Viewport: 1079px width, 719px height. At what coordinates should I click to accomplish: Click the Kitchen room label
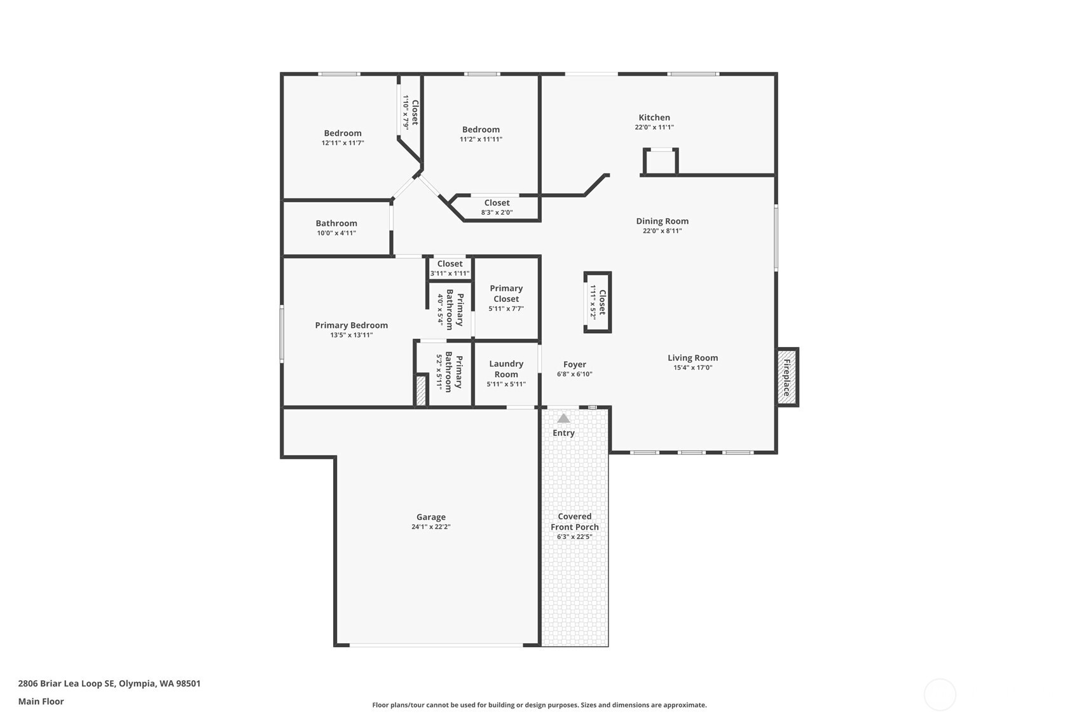click(x=654, y=118)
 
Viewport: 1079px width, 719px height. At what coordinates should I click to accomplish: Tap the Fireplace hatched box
click(x=787, y=377)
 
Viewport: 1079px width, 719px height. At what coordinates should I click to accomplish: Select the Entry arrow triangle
click(x=563, y=418)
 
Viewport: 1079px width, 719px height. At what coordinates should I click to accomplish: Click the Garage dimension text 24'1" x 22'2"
click(x=430, y=527)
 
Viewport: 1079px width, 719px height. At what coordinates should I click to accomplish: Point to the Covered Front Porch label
click(x=574, y=521)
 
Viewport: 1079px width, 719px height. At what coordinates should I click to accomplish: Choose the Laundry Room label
click(x=506, y=369)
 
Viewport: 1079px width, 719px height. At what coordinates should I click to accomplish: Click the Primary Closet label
click(x=506, y=293)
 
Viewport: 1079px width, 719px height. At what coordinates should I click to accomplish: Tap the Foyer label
click(x=574, y=364)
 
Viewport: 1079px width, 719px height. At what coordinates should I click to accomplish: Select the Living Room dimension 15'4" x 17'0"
click(x=692, y=367)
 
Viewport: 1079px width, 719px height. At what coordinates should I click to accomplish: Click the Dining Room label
click(x=662, y=221)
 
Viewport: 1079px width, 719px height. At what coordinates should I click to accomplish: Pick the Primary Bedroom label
click(x=351, y=325)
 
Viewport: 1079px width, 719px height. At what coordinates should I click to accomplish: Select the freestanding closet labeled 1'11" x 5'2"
click(x=598, y=303)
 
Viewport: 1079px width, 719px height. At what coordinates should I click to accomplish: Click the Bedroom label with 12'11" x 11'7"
click(x=343, y=134)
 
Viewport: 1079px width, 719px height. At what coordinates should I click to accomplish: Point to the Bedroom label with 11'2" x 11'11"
click(x=481, y=130)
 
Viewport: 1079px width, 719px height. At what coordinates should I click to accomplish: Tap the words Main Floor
click(x=41, y=702)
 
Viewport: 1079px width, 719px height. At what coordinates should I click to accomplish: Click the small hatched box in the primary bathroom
click(x=420, y=390)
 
